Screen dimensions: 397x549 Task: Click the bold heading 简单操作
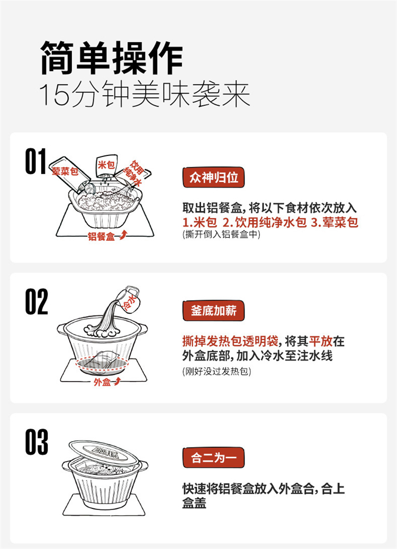pyautogui.click(x=112, y=58)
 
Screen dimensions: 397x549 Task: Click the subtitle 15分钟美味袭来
pyautogui.click(x=145, y=95)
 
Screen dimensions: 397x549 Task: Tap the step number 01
pyautogui.click(x=36, y=161)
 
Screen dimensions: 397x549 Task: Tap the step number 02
pyautogui.click(x=37, y=302)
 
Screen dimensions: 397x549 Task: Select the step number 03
pyautogui.click(x=37, y=442)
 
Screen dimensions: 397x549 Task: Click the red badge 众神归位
pyautogui.click(x=213, y=177)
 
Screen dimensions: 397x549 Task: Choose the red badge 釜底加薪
pyautogui.click(x=213, y=311)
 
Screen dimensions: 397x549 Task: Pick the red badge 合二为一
pyautogui.click(x=213, y=457)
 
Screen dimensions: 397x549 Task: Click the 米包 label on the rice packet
pyautogui.click(x=106, y=164)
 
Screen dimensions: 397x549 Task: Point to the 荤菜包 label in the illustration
pyautogui.click(x=65, y=171)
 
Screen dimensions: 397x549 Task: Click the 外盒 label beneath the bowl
pyautogui.click(x=102, y=382)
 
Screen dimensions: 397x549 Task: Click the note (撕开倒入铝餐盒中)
pyautogui.click(x=221, y=234)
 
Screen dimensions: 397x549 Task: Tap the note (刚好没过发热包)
pyautogui.click(x=216, y=371)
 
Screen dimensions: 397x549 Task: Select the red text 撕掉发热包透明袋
pyautogui.click(x=230, y=341)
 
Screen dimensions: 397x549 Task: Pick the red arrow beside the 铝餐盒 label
pyautogui.click(x=123, y=235)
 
